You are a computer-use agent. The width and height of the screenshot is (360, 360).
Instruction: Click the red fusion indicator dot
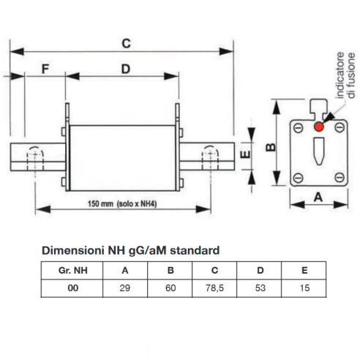[x=319, y=127]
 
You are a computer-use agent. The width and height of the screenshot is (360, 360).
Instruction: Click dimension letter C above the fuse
[x=126, y=43]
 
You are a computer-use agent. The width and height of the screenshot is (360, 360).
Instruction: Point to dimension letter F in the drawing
[x=45, y=69]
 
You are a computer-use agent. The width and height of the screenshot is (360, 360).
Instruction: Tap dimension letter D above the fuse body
[x=126, y=69]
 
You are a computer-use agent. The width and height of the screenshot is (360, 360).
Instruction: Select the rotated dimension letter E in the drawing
[x=245, y=154]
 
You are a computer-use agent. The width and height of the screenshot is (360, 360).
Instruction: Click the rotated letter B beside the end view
[x=271, y=147]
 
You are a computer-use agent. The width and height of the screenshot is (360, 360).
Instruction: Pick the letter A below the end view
[x=318, y=197]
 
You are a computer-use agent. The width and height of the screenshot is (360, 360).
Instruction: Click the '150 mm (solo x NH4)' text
[x=122, y=203]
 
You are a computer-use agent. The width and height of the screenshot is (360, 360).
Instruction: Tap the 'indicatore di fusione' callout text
[x=345, y=75]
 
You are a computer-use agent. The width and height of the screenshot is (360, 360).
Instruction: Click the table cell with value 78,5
[x=214, y=288]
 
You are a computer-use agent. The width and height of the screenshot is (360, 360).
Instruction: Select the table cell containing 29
[x=125, y=288]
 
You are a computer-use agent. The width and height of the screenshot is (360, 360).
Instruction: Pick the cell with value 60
[x=170, y=288]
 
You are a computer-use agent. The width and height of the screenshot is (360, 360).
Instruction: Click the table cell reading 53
[x=260, y=288]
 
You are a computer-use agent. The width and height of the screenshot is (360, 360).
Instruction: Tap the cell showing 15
[x=304, y=288]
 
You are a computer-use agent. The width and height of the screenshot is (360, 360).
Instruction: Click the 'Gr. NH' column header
[x=73, y=271]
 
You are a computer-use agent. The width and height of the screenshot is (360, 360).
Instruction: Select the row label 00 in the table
[x=73, y=288]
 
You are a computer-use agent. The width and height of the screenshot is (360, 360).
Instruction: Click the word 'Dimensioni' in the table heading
[x=73, y=250]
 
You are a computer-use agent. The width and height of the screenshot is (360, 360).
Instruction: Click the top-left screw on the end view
[x=298, y=127]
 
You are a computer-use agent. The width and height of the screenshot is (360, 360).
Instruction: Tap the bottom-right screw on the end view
[x=340, y=177]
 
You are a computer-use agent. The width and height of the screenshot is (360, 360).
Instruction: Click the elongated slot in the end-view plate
[x=319, y=151]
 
